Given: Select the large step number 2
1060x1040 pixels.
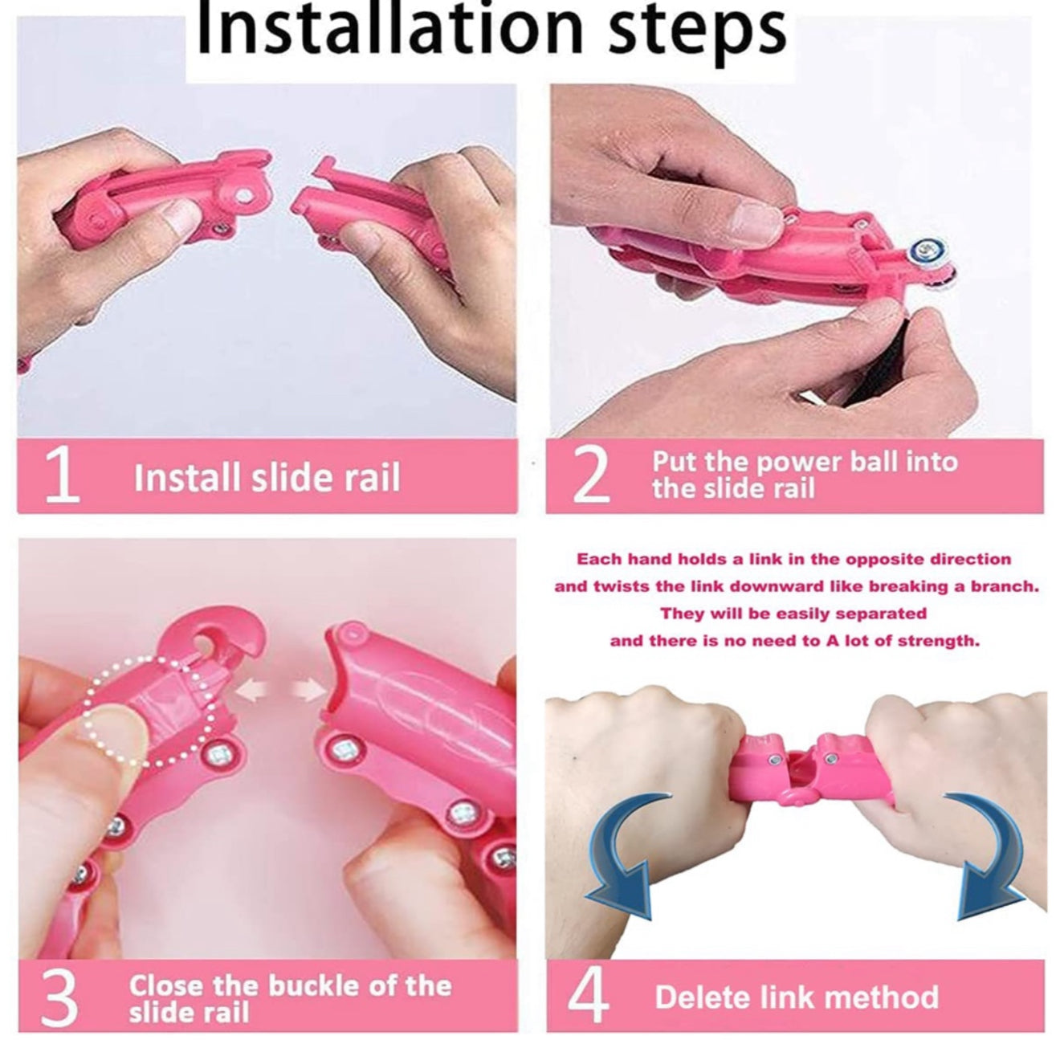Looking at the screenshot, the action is pyautogui.click(x=592, y=475).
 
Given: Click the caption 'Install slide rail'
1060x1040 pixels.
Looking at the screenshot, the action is pyautogui.click(x=267, y=477).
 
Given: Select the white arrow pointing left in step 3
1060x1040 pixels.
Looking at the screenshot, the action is pyautogui.click(x=252, y=691).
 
